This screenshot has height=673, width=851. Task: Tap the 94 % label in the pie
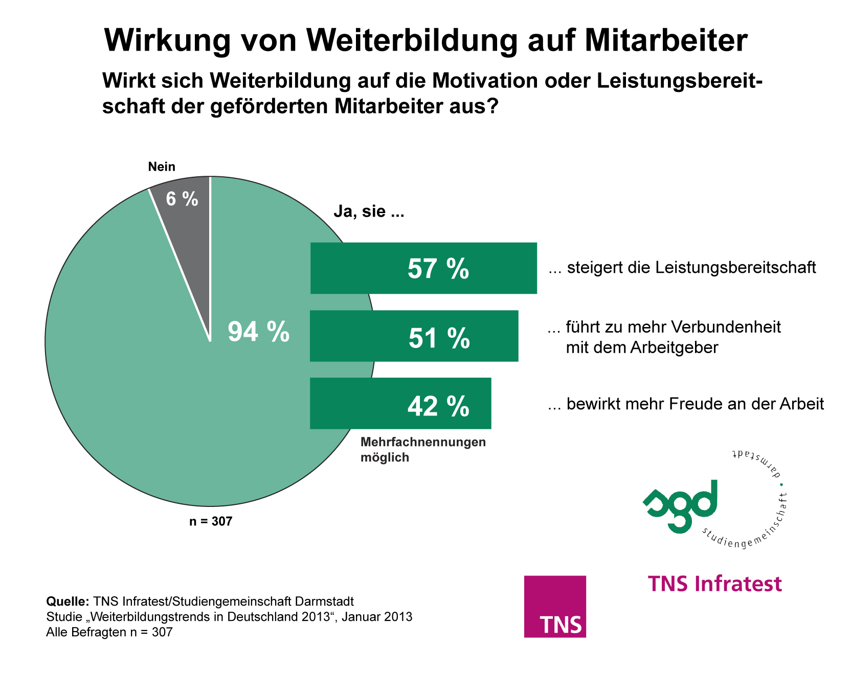pos(258,332)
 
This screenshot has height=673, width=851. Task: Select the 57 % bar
pos(423,268)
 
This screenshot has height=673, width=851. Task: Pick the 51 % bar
pos(414,336)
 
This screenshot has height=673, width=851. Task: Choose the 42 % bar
pos(400,404)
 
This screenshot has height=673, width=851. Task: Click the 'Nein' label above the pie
pos(162,167)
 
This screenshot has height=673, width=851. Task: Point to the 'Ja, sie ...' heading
pos(369,211)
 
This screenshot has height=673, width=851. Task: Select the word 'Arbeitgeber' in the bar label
pos(674,348)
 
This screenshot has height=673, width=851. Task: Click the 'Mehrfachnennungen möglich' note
pos(423,450)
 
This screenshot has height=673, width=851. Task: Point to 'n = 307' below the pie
pos(211,522)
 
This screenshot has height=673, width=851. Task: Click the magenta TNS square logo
pos(555,607)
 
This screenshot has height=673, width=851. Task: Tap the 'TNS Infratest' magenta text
pos(715,584)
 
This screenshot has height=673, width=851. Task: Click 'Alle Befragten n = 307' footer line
pos(109,633)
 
